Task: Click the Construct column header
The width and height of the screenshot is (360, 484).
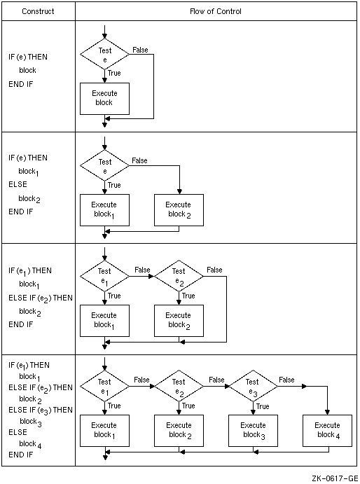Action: pos(38,11)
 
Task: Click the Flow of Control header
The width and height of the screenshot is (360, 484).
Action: pos(216,11)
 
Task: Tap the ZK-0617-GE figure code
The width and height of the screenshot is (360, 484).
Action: pos(335,478)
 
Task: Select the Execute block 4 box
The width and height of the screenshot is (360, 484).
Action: pos(327,431)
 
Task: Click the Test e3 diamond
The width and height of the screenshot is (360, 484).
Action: pos(253,386)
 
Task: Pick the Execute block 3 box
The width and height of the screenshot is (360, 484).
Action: pos(253,431)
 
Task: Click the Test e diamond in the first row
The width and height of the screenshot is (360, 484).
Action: pos(104,55)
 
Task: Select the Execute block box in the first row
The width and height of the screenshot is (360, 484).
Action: pos(104,99)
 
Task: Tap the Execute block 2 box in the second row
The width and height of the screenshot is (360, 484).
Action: pos(179,210)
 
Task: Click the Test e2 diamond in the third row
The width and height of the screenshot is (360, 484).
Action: pos(179,276)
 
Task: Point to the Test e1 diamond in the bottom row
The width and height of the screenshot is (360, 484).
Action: pos(104,386)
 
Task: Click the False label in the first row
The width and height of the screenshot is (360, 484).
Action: pos(140,50)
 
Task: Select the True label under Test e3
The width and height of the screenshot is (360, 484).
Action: pos(263,406)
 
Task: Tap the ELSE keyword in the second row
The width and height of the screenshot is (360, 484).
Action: pos(18,184)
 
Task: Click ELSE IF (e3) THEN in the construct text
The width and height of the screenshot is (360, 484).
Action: pos(41,410)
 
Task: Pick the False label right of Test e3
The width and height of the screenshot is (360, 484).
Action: pos(286,380)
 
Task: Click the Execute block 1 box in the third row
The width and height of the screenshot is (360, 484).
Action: pos(104,321)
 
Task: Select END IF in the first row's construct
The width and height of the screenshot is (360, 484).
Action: pos(21,84)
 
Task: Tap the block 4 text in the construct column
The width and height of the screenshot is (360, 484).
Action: pos(30,444)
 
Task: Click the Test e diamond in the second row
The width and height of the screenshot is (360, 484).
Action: pos(104,165)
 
